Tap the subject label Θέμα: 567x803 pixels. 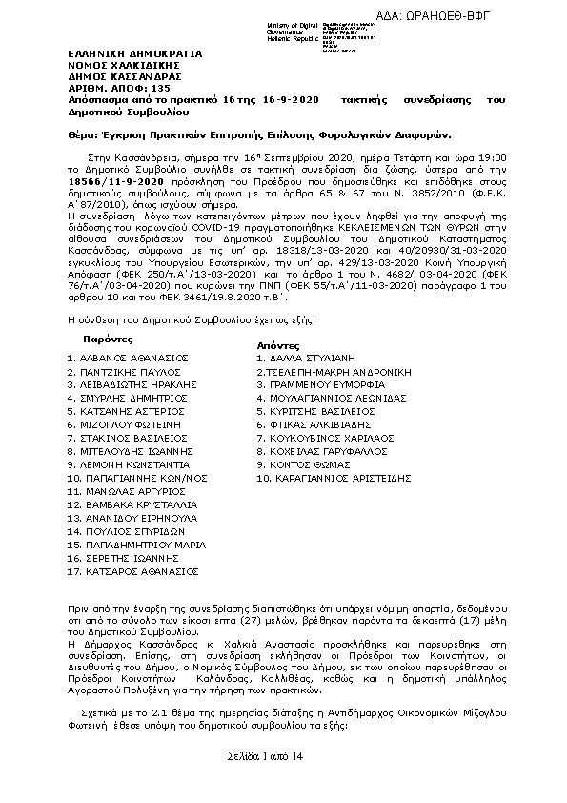(86, 134)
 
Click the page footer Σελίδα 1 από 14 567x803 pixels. (264, 755)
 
